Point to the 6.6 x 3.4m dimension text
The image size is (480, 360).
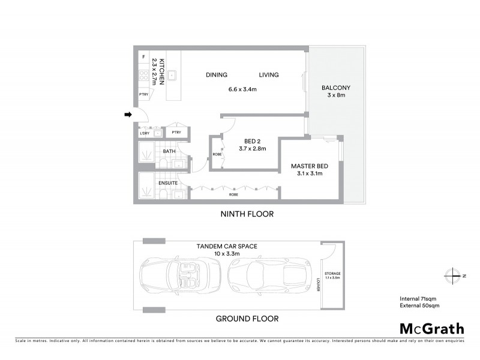242,89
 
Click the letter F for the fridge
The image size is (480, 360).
143,57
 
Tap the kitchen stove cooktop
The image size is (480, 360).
143,76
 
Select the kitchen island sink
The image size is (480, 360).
172,76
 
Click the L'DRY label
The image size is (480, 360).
145,133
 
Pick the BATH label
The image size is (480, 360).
169,151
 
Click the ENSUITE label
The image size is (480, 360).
167,181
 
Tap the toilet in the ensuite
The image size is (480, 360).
164,194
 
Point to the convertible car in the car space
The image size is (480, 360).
181,275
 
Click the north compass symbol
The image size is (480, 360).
454,275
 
